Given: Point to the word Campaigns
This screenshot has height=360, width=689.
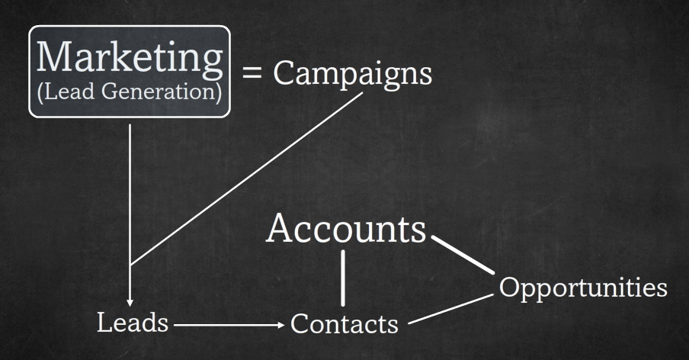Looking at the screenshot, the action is (352, 74).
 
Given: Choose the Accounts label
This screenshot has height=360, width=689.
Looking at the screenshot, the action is (346, 229).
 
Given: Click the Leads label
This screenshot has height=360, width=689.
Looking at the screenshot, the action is (133, 322).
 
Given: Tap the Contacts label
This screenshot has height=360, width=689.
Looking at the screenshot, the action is (344, 324).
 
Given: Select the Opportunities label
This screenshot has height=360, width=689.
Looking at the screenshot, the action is (583, 288).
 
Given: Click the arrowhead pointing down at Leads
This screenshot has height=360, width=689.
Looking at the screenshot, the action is (130, 303).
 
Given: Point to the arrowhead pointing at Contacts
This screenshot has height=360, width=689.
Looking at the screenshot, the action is (281, 325).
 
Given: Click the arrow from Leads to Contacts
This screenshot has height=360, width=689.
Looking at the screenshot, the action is (229, 325).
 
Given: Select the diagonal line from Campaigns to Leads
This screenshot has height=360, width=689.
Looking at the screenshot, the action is (246, 179).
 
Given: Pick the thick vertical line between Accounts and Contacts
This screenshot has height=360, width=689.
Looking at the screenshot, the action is (343, 278).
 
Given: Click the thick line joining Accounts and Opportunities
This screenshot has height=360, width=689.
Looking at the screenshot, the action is (463, 255).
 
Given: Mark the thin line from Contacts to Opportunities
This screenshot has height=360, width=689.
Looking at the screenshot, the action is (451, 310).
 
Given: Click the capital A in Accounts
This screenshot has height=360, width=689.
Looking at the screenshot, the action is (280, 228).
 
